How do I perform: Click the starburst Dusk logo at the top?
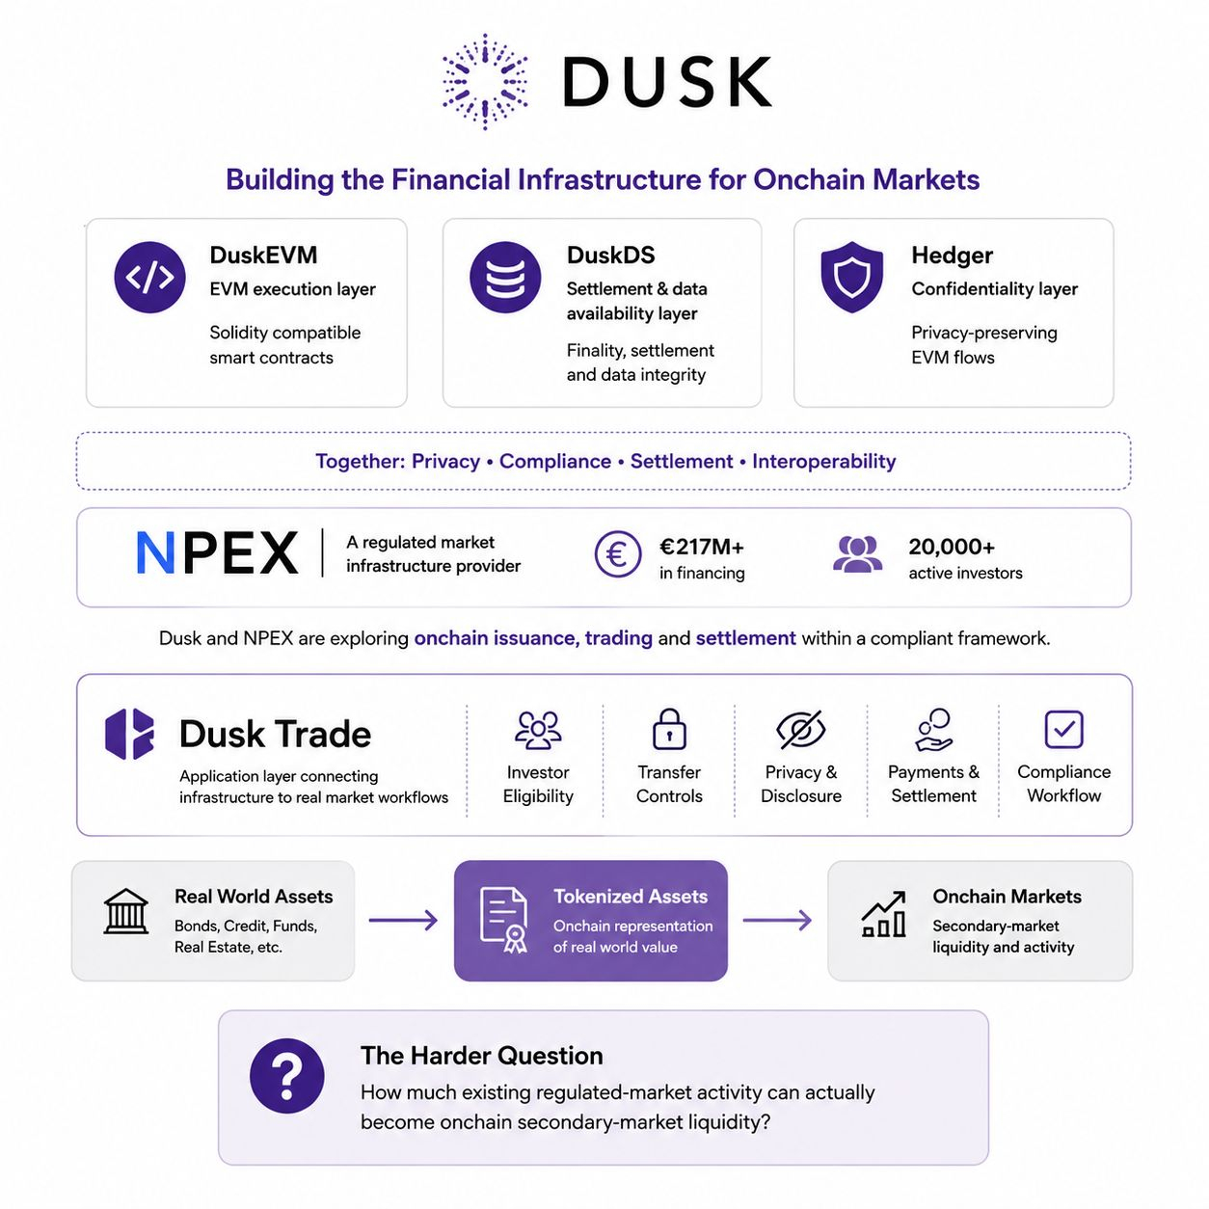coord(485,82)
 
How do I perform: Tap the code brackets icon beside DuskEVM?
coord(149,278)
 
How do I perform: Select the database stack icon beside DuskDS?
coord(505,278)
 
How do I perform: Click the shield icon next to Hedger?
coord(852,277)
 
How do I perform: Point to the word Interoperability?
coord(823,461)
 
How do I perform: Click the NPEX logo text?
coord(217,552)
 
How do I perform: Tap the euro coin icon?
coord(617,554)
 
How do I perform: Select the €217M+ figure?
coord(702,547)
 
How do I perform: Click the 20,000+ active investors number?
coord(952,547)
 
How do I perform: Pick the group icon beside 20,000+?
coord(858,554)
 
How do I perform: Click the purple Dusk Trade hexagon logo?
coord(129,734)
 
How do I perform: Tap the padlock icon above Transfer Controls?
coord(669,729)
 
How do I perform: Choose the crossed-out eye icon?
coord(800,730)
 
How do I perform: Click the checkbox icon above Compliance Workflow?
coord(1064,729)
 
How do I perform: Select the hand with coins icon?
coord(933,730)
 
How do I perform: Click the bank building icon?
coord(126,912)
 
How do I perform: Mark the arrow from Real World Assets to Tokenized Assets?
coord(403,921)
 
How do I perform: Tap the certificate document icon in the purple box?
coord(503,920)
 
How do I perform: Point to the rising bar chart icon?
coord(884,914)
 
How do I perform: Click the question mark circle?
coord(286,1076)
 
